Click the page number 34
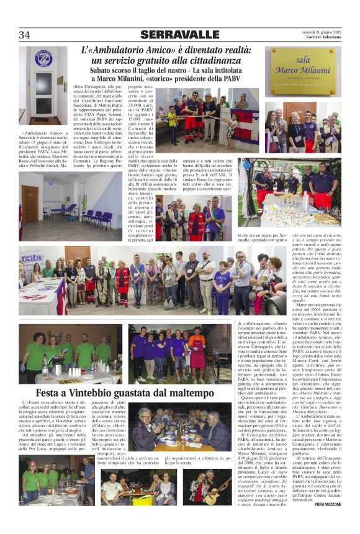[25, 34]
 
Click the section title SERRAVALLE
[179, 35]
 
